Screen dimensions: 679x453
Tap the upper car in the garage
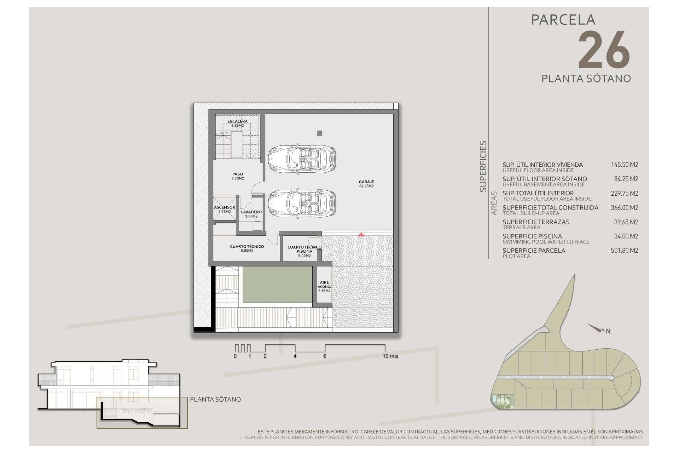click(x=302, y=157)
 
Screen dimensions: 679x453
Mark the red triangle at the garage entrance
click(x=361, y=234)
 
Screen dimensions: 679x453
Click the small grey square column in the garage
click(x=319, y=133)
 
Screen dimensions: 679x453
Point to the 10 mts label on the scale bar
click(x=390, y=356)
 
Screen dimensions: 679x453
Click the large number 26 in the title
click(x=604, y=50)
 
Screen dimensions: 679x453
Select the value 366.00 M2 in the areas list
click(x=625, y=208)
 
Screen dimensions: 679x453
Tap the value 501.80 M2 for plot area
click(x=625, y=251)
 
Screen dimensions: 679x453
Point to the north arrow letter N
click(x=608, y=332)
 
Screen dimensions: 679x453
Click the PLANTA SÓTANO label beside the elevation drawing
click(x=215, y=399)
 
